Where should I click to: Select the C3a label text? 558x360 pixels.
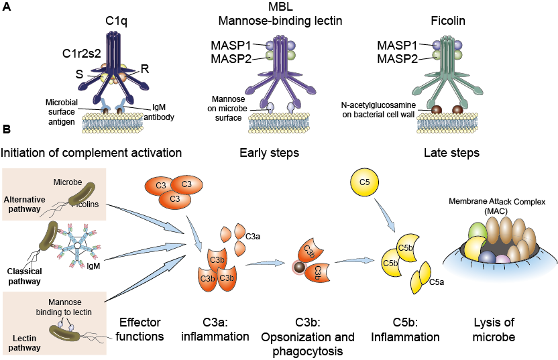[254, 235]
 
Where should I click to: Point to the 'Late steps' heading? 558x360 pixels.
[451, 153]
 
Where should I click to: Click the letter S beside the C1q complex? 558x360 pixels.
[79, 74]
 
